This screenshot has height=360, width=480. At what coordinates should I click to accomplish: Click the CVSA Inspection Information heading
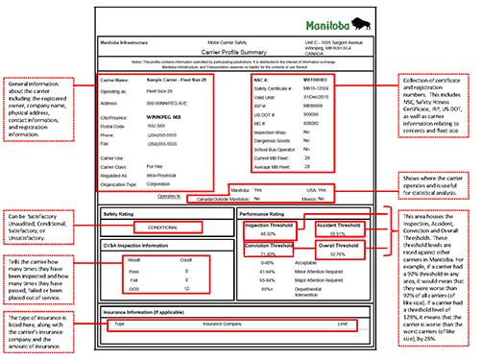(139, 245)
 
